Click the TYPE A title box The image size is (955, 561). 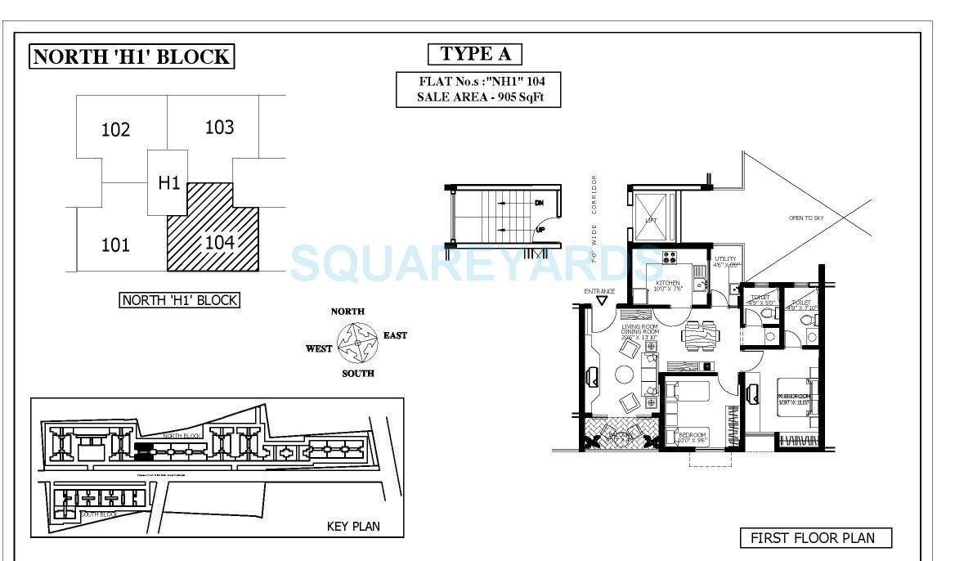click(x=475, y=55)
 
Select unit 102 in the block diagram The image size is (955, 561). click(x=115, y=130)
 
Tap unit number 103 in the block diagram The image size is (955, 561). click(x=219, y=127)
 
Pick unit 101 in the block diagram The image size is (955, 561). click(x=115, y=245)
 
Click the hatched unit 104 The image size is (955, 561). click(x=214, y=237)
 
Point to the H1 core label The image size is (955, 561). click(x=168, y=182)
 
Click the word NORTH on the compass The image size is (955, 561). click(x=347, y=312)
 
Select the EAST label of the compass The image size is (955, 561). click(x=395, y=335)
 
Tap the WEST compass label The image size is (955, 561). click(x=319, y=349)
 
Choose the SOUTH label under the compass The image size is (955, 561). click(x=357, y=374)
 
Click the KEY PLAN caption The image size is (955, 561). click(x=353, y=526)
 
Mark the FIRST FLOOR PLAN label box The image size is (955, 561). click(x=814, y=538)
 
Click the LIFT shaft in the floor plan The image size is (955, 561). click(x=652, y=212)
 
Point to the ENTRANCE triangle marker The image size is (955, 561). click(x=602, y=301)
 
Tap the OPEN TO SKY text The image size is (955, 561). click(x=805, y=218)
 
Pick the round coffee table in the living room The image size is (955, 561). click(x=625, y=375)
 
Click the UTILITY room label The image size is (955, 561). click(x=725, y=261)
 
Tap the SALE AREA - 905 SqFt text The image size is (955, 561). click(x=470, y=97)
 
